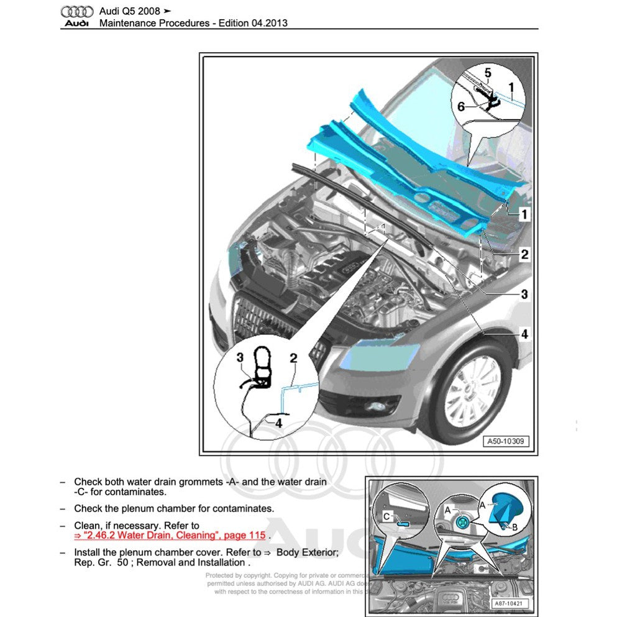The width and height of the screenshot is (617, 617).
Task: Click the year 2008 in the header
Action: (x=150, y=11)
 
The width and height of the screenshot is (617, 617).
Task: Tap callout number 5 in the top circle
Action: (x=488, y=73)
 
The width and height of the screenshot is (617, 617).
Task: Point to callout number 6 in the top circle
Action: (x=461, y=106)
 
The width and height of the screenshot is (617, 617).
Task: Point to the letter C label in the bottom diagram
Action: (x=386, y=515)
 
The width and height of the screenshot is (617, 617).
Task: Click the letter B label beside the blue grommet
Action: (x=514, y=527)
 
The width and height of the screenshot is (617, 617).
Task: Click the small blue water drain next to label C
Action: (x=402, y=523)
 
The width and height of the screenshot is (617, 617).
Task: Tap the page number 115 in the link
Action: (x=257, y=535)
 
